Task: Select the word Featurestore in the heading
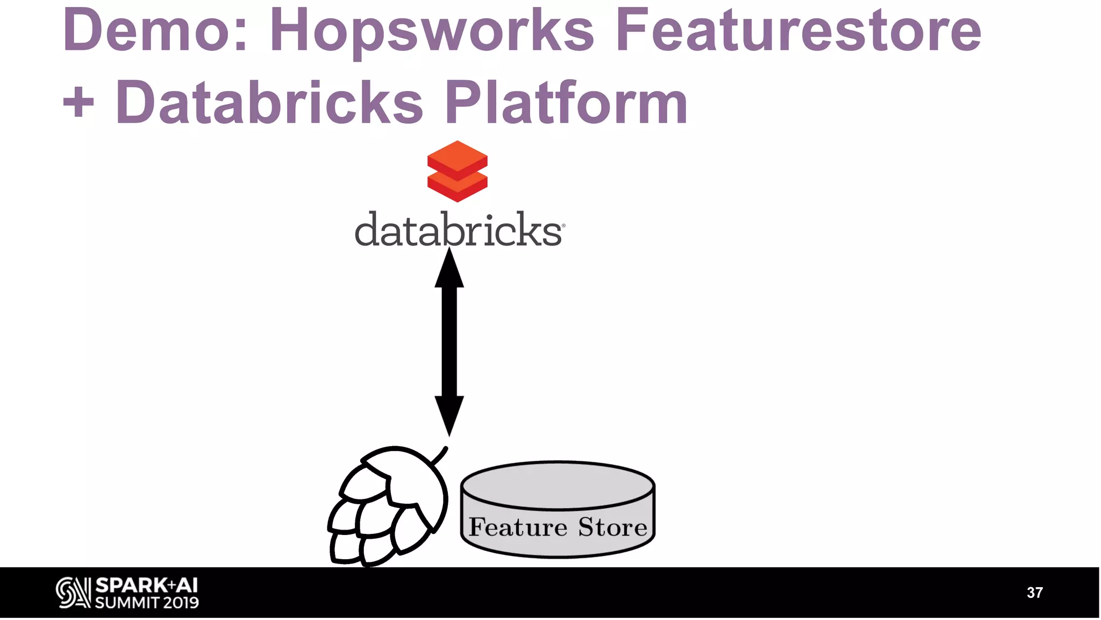pyautogui.click(x=798, y=31)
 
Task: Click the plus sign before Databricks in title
pyautogui.click(x=78, y=102)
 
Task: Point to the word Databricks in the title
pyautogui.click(x=269, y=102)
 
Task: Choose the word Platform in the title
pyautogui.click(x=566, y=102)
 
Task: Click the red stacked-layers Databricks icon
pyautogui.click(x=457, y=171)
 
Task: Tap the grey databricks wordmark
pyautogui.click(x=459, y=230)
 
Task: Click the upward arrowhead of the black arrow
pyautogui.click(x=449, y=269)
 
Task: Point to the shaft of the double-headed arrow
pyautogui.click(x=449, y=342)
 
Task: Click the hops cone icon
pyautogui.click(x=387, y=509)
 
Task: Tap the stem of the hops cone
pyautogui.click(x=440, y=455)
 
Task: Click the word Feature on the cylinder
pyautogui.click(x=518, y=527)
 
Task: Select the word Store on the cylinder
pyautogui.click(x=612, y=527)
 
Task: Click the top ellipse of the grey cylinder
pyautogui.click(x=557, y=485)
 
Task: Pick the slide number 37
pyautogui.click(x=1034, y=593)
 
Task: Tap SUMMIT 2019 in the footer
pyautogui.click(x=147, y=603)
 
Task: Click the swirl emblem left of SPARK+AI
pyautogui.click(x=73, y=593)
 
